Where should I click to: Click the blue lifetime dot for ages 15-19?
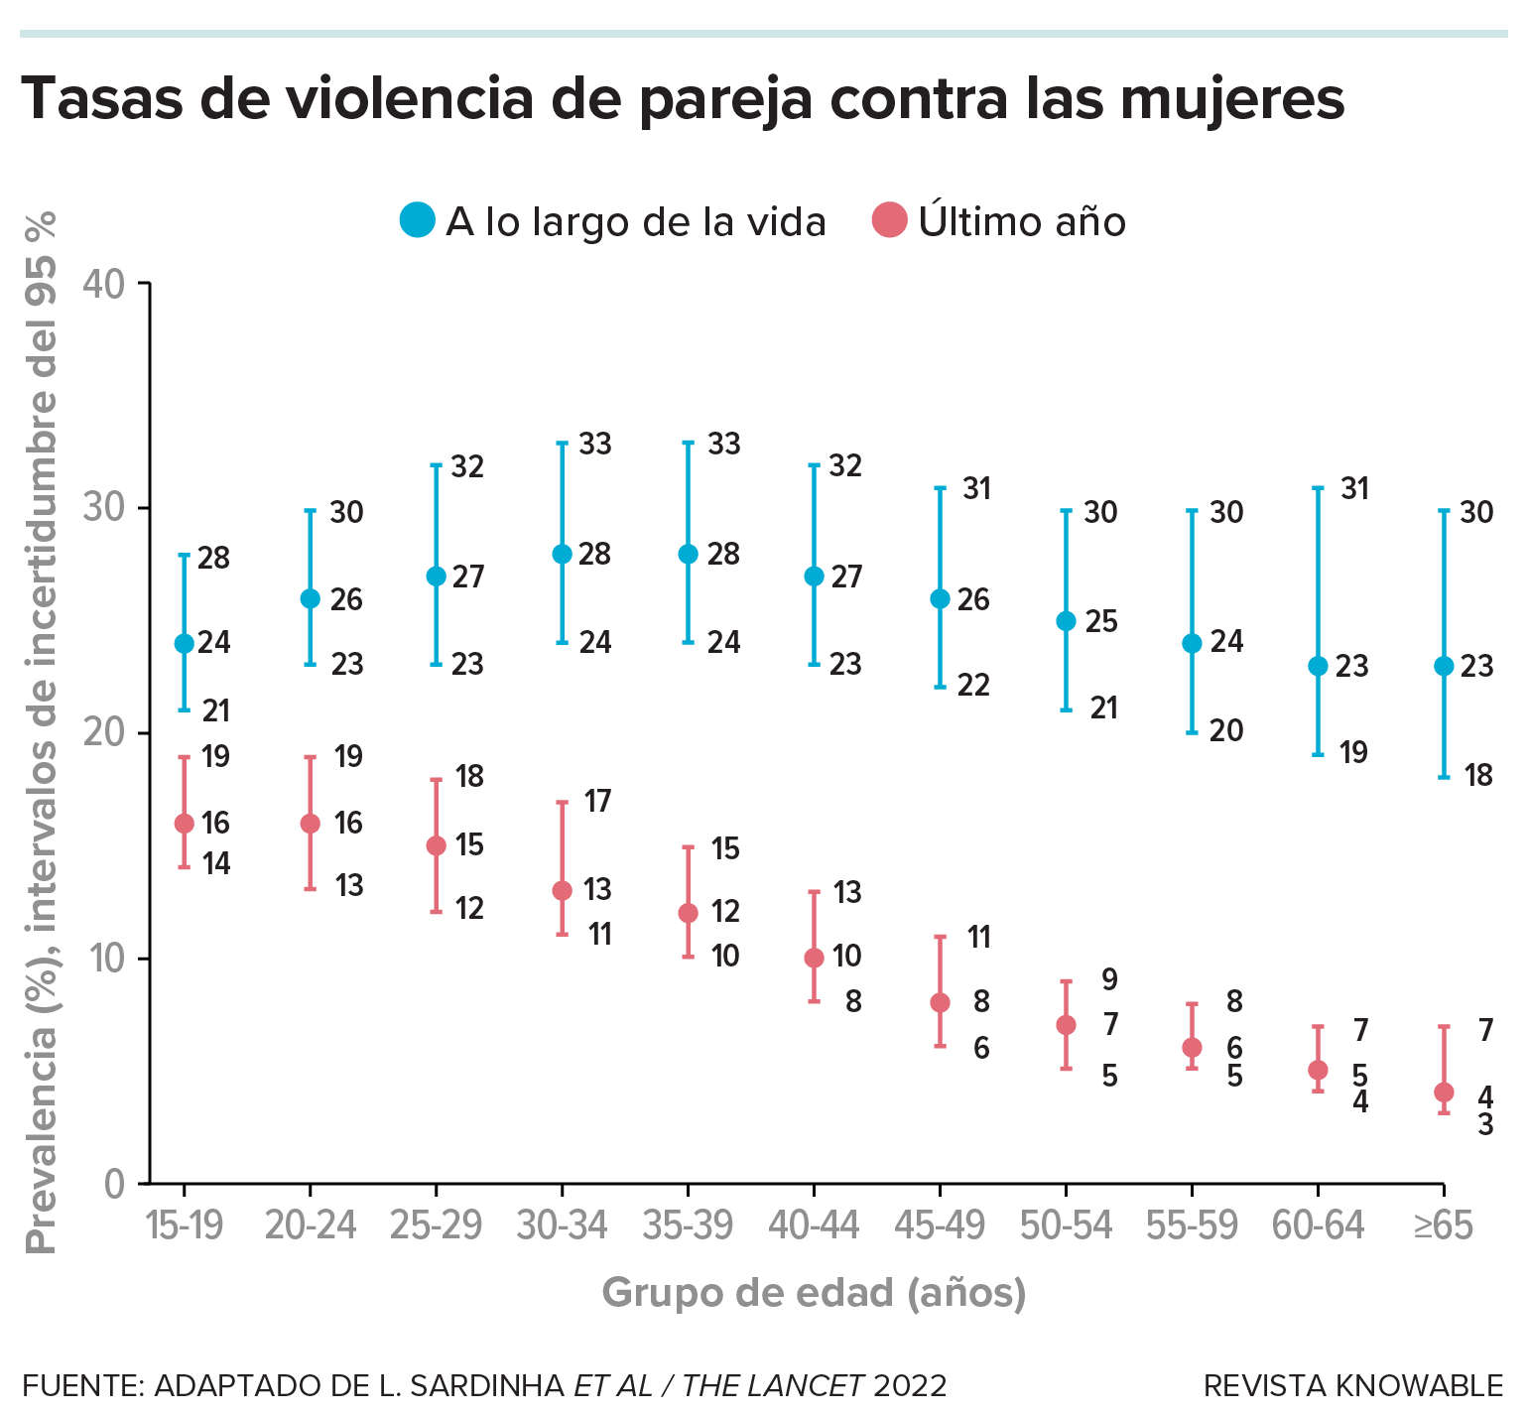tap(184, 643)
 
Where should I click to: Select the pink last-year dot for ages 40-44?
tap(814, 958)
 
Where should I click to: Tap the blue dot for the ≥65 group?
tap(1444, 666)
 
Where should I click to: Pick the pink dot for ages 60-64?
tap(1318, 1070)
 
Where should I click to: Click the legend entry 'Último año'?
tap(1000, 220)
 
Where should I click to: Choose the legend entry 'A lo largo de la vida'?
tap(613, 220)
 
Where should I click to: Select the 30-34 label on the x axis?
tap(562, 1226)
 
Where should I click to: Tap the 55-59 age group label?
tap(1192, 1226)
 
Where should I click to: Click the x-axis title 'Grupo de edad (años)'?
tap(814, 1292)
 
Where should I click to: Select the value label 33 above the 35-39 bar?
tap(724, 444)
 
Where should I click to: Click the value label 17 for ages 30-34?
tap(597, 801)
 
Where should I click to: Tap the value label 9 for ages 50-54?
tap(1109, 980)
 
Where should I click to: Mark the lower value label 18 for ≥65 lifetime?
tap(1478, 776)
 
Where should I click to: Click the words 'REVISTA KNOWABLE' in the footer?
tap(1353, 1385)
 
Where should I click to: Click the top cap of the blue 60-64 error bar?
tap(1318, 488)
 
